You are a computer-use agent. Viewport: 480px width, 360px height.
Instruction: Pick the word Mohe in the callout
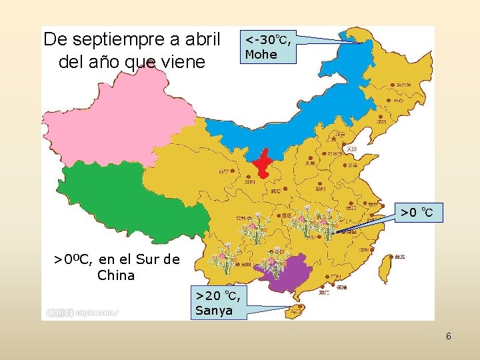coord(261,55)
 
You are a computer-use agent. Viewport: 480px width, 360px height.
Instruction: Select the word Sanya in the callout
coord(214,310)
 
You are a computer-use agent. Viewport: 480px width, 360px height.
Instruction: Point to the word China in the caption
coord(116,275)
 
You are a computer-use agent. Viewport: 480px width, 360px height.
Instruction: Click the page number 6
coord(449,336)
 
